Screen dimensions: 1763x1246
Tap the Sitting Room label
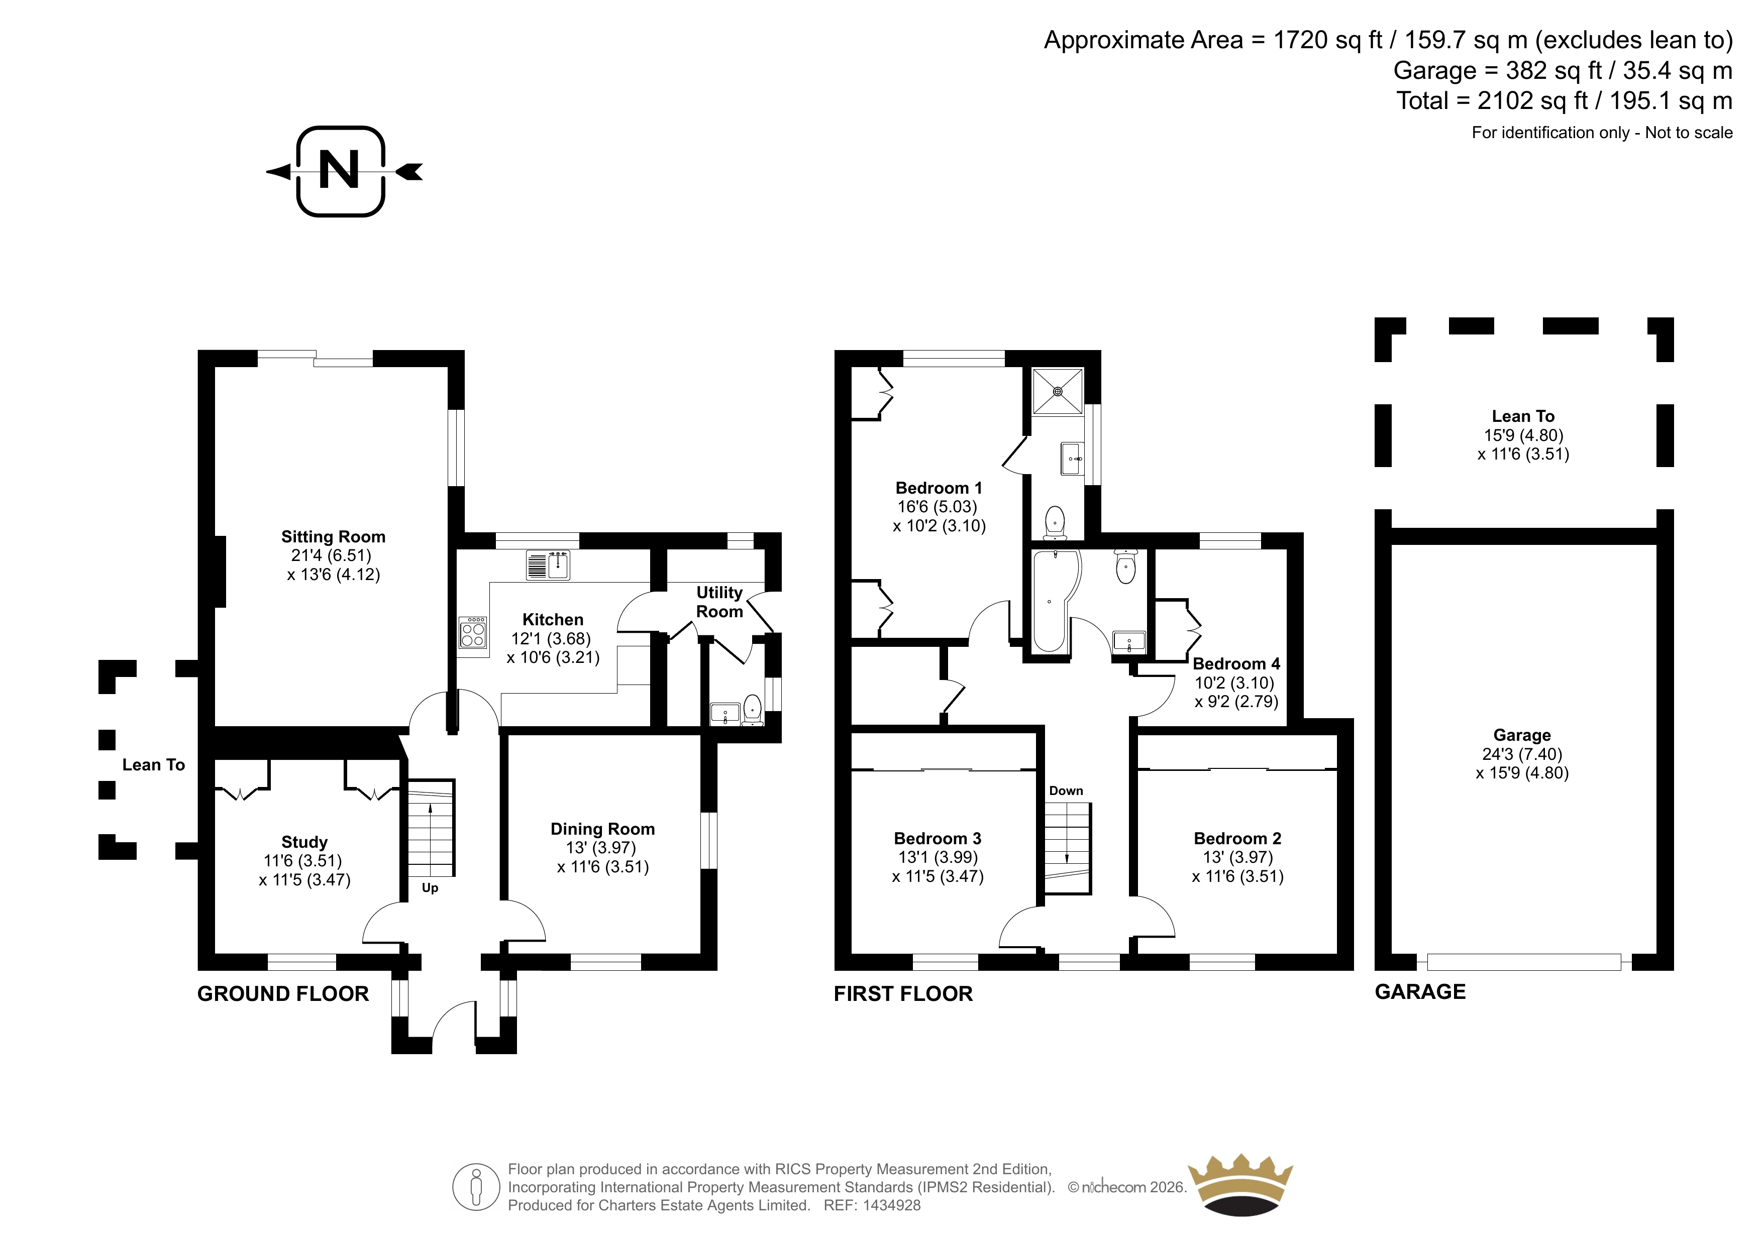tap(333, 537)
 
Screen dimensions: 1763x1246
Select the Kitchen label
tap(553, 620)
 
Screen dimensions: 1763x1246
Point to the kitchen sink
tap(548, 565)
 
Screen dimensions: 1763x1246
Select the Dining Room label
tap(603, 829)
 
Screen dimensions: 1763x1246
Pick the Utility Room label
tap(719, 602)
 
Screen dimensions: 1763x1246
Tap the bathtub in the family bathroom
tap(1056, 600)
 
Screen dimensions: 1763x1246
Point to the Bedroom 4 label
tap(1236, 663)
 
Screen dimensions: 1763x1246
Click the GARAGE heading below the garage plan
tap(1420, 992)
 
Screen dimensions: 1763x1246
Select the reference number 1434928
tap(891, 1205)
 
